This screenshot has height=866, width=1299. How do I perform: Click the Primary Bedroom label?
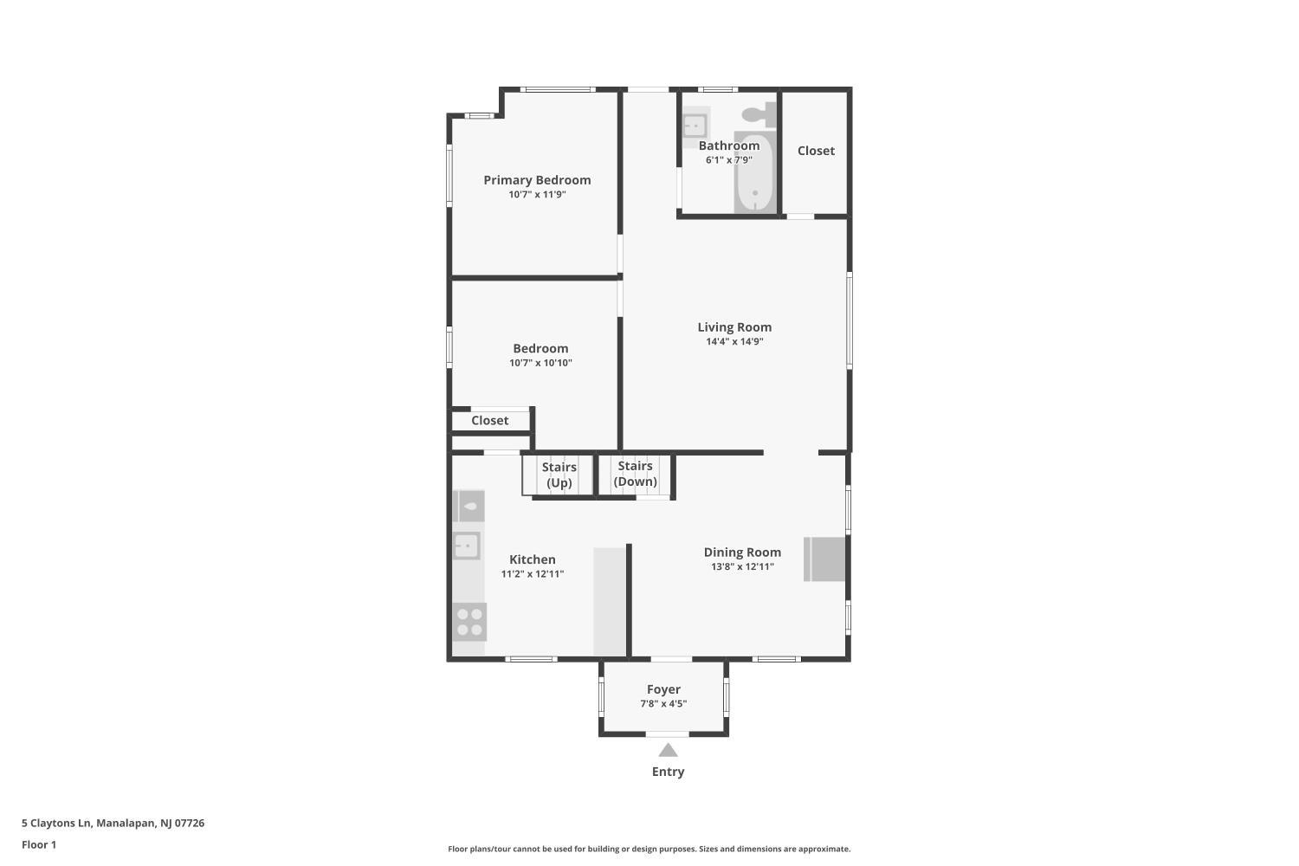pyautogui.click(x=537, y=180)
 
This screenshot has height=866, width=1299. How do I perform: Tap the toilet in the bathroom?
pyautogui.click(x=759, y=114)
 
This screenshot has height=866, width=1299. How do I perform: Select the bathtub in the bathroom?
pyautogui.click(x=754, y=174)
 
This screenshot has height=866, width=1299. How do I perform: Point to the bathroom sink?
pyautogui.click(x=695, y=125)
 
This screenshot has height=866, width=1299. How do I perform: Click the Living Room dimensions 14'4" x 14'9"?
pyautogui.click(x=734, y=342)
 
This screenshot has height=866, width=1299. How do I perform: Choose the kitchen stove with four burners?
pyautogui.click(x=469, y=623)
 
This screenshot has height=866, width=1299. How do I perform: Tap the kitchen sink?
pyautogui.click(x=467, y=546)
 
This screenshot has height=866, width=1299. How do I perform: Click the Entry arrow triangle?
pyautogui.click(x=668, y=751)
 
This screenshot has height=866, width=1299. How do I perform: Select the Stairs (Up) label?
pyautogui.click(x=559, y=475)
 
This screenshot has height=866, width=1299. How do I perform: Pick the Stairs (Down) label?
pyautogui.click(x=635, y=474)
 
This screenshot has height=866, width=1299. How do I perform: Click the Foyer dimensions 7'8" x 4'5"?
pyautogui.click(x=663, y=703)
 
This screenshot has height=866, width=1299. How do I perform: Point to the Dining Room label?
pyautogui.click(x=742, y=553)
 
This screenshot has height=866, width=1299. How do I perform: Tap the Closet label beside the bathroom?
pyautogui.click(x=816, y=151)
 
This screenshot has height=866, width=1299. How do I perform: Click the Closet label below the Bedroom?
pyautogui.click(x=489, y=421)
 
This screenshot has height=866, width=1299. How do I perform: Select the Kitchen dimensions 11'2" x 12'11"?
pyautogui.click(x=533, y=574)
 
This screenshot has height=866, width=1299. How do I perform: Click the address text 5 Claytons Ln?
pyautogui.click(x=56, y=823)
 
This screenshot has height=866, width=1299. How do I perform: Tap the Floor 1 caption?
pyautogui.click(x=39, y=844)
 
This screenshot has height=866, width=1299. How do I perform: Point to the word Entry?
pyautogui.click(x=668, y=772)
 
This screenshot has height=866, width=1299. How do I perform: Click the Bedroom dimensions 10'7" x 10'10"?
pyautogui.click(x=540, y=363)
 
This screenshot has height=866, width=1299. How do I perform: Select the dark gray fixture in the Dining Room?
pyautogui.click(x=824, y=559)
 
